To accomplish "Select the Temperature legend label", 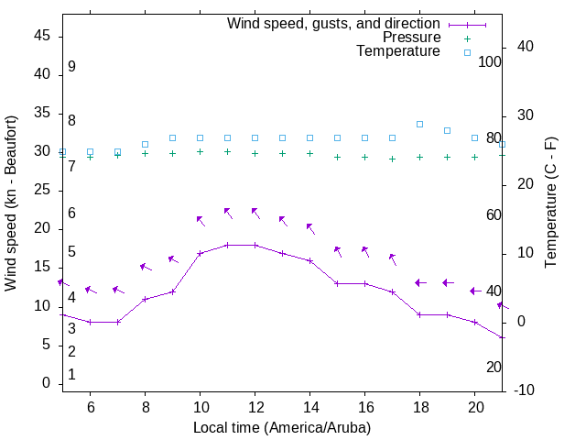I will [x=398, y=52].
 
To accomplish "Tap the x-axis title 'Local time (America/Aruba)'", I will [x=282, y=428].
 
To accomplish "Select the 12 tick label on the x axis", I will [x=255, y=408].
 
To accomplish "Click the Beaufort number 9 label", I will [x=71, y=67].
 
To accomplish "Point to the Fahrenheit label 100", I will [x=490, y=62].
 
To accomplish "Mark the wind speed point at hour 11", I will [x=227, y=245].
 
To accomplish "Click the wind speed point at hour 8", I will [x=145, y=299].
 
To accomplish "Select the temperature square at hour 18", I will [x=419, y=124].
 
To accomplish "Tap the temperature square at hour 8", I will [x=145, y=144].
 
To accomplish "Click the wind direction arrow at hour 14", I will [x=310, y=227].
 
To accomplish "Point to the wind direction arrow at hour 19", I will [x=448, y=282].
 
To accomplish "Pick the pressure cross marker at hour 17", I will [x=392, y=159].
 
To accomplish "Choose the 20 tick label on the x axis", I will [x=474, y=408].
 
